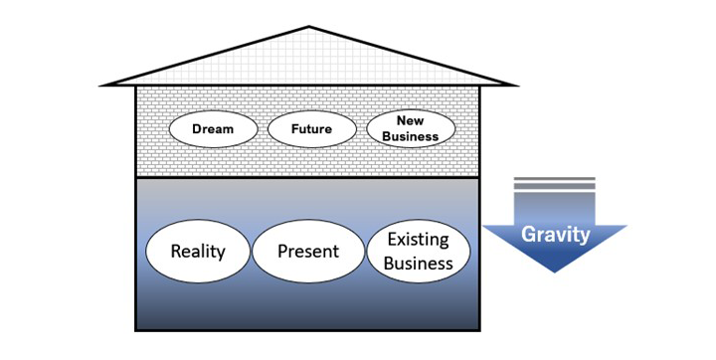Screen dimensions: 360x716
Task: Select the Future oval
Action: tap(311, 129)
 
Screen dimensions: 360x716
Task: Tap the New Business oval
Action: tap(411, 129)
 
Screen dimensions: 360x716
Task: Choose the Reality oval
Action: tap(198, 251)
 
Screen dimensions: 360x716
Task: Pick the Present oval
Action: tap(308, 251)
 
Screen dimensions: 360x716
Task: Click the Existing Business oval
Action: tap(419, 251)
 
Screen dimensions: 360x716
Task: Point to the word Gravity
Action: tap(556, 236)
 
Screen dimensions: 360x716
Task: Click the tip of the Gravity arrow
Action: tap(556, 270)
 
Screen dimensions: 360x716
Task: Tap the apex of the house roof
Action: tap(309, 27)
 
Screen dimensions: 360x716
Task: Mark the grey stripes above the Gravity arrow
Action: tap(555, 185)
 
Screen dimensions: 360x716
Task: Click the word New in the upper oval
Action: tap(411, 121)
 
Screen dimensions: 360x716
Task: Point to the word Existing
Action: tap(419, 240)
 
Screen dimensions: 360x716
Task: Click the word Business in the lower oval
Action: tap(419, 264)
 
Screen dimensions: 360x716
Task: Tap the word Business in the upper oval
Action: tap(411, 136)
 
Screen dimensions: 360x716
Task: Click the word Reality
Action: tap(198, 251)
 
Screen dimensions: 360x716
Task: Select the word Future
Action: tap(311, 129)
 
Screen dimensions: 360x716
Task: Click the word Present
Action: tap(308, 251)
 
